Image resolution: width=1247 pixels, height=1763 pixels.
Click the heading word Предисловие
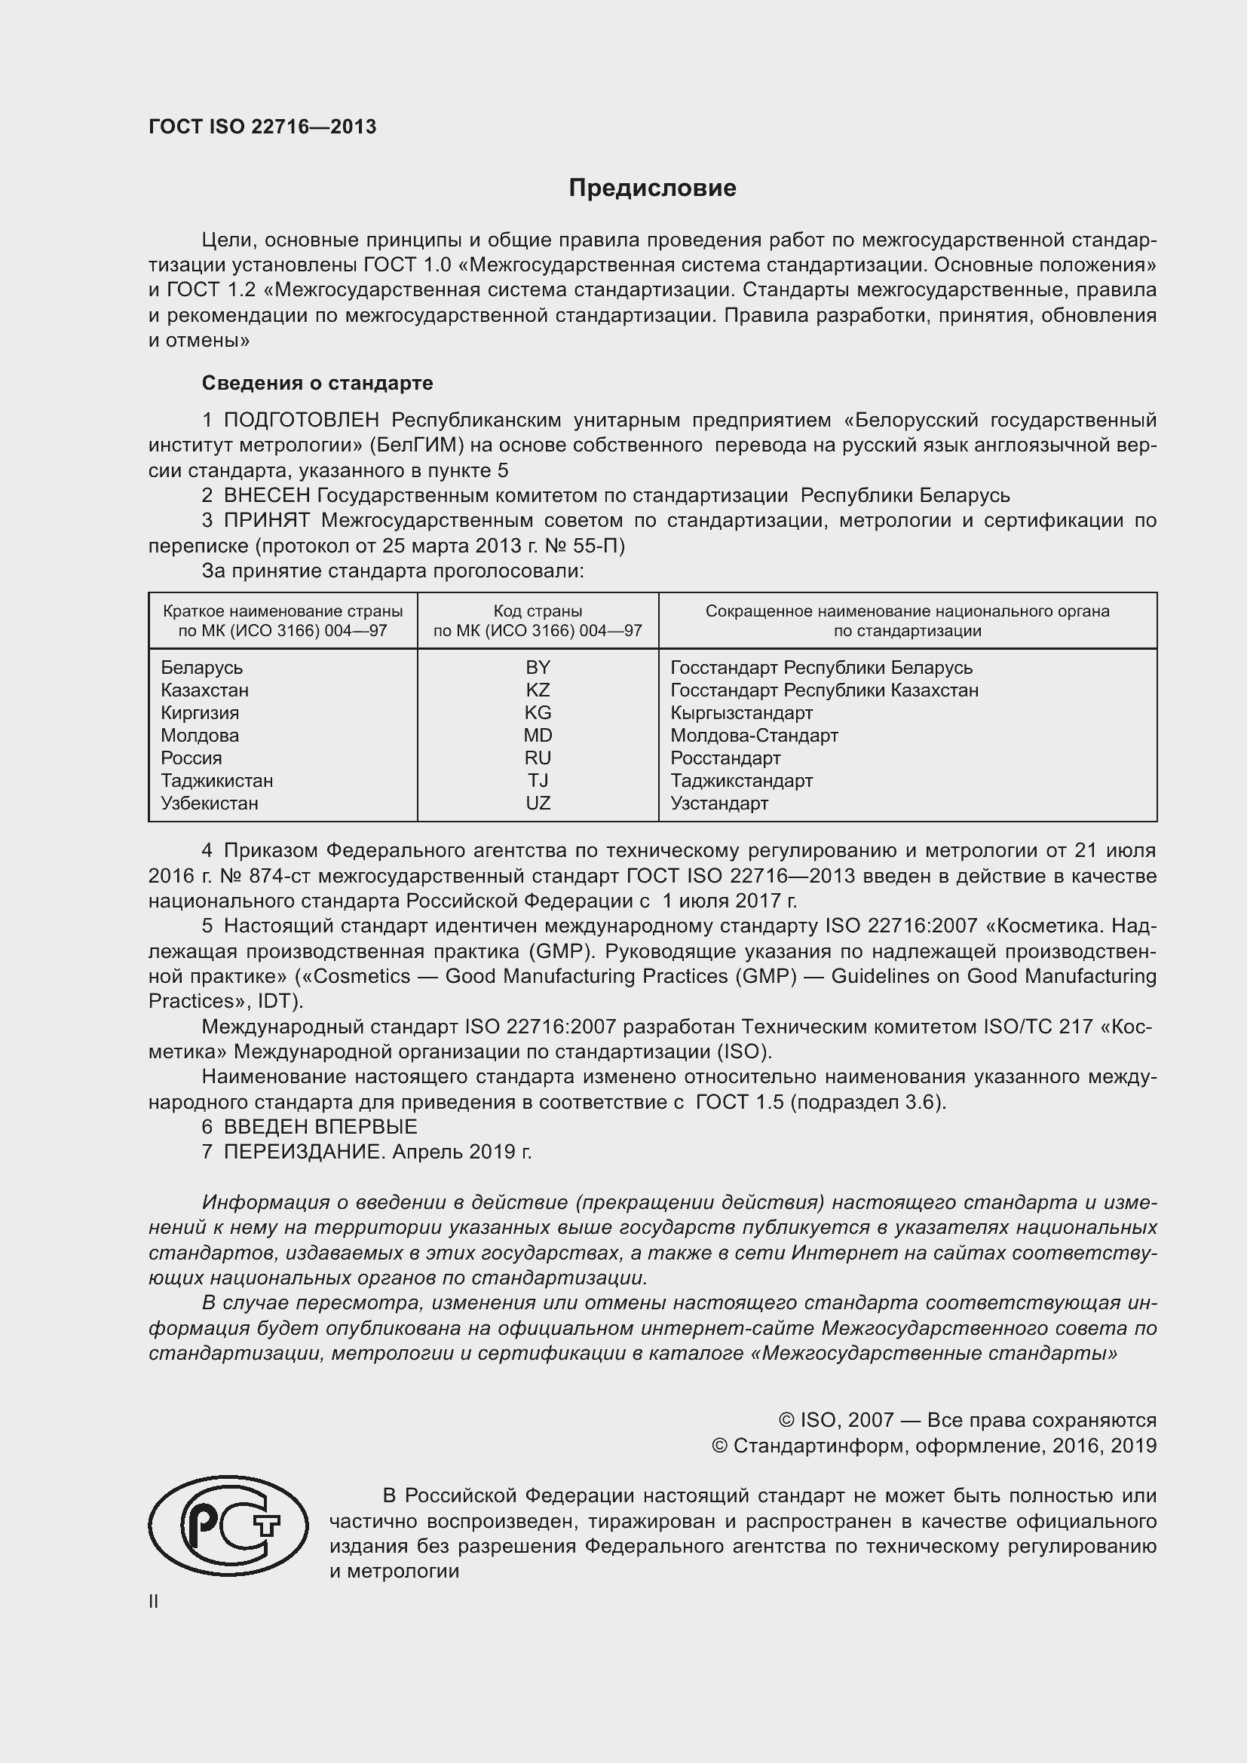[652, 188]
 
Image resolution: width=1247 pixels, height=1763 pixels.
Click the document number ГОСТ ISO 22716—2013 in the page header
[262, 127]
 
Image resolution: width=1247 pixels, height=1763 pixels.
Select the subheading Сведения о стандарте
[317, 383]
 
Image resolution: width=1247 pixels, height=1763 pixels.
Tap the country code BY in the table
[538, 667]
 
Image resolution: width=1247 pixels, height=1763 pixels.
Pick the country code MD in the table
[538, 736]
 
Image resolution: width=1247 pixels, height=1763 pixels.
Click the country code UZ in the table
[538, 803]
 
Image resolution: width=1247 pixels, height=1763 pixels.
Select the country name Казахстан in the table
[204, 690]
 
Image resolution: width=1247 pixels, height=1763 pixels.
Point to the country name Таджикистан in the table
[216, 781]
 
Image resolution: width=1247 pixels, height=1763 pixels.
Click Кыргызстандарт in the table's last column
[741, 712]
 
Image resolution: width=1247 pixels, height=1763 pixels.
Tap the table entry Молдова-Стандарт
[754, 736]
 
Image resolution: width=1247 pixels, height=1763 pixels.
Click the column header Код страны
[538, 611]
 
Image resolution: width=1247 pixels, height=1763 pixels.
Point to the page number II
[154, 1602]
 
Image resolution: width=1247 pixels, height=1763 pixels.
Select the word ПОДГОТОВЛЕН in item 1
[301, 421]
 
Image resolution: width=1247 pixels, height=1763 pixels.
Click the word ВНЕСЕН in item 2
[266, 496]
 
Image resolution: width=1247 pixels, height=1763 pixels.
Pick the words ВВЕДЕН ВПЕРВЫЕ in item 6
[320, 1127]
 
